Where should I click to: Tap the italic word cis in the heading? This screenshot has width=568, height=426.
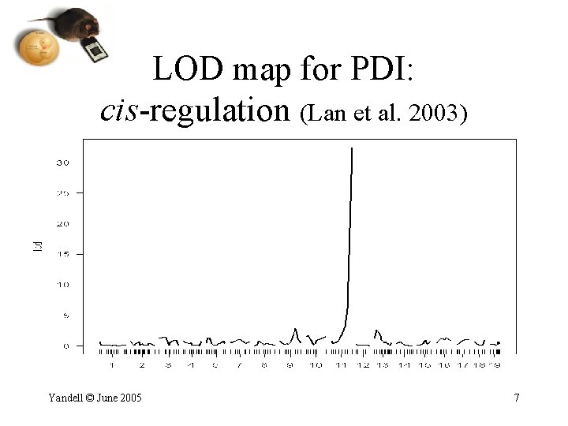118,111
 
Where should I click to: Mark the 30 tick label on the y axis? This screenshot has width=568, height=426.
62,163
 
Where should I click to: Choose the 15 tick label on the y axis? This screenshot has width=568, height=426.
62,254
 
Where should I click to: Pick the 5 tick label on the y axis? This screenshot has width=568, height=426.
65,316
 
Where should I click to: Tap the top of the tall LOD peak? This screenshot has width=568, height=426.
351,149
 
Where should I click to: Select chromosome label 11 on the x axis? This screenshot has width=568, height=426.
341,366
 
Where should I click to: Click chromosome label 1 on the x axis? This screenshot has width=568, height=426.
112,366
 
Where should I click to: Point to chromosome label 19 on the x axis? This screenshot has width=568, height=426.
495,366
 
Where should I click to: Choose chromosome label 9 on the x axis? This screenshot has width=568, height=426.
289,366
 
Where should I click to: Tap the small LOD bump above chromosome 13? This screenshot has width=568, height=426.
377,331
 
